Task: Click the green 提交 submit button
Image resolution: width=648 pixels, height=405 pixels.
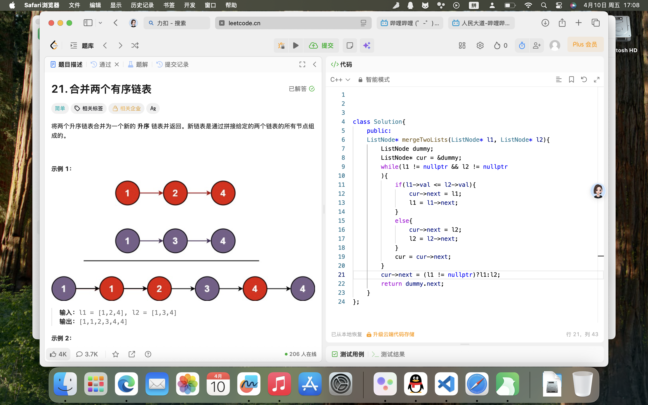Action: coord(321,45)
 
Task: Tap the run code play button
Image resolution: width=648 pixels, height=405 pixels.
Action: coord(296,45)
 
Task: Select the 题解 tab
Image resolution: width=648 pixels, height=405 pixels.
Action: coord(138,64)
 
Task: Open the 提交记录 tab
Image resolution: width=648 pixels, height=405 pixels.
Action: coord(173,64)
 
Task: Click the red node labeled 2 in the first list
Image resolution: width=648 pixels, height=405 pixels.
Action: coord(175,193)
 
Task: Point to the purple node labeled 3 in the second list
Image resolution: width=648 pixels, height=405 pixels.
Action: coord(175,241)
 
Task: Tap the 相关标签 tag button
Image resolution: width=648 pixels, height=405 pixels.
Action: coord(89,108)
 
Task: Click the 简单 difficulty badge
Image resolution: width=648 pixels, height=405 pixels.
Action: coord(60,108)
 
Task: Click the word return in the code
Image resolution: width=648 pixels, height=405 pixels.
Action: coord(391,284)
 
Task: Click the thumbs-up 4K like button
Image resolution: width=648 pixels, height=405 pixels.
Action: coord(58,354)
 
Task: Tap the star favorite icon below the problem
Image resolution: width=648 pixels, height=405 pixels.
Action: coord(115,354)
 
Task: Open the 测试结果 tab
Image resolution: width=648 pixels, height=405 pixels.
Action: coord(389,354)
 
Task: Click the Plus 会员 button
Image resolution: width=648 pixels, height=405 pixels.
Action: coord(585,45)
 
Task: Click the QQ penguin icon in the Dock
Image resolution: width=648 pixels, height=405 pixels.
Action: coord(416,384)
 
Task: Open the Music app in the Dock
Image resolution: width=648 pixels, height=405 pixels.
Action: coord(279,384)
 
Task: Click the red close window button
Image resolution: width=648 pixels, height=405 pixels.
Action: coord(51,23)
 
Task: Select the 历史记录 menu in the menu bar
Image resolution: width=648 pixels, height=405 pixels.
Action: coord(142,5)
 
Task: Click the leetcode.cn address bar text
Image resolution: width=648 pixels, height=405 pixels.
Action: coord(244,23)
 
